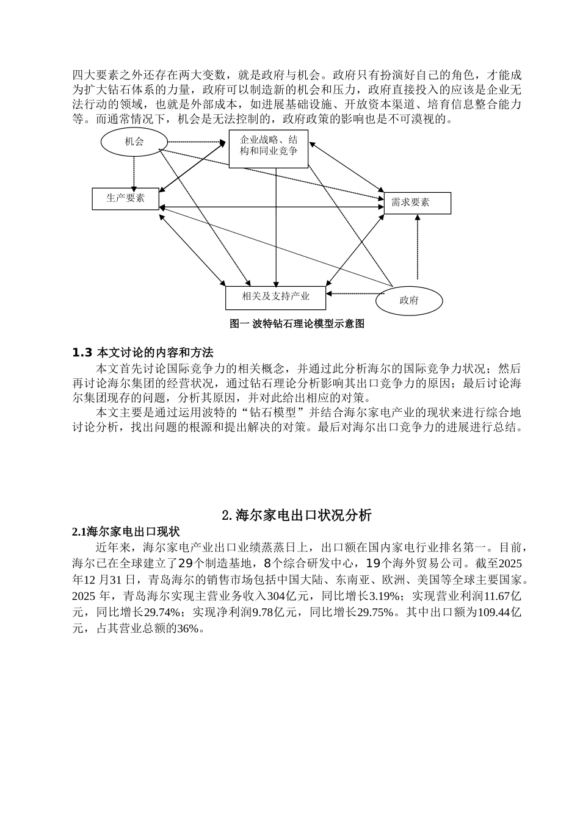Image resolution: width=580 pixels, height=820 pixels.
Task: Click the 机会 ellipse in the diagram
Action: [x=134, y=142]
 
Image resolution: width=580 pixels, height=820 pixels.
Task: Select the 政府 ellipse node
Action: [x=409, y=300]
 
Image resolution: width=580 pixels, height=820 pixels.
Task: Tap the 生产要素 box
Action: [x=126, y=198]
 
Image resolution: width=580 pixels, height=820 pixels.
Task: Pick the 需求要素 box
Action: [x=417, y=203]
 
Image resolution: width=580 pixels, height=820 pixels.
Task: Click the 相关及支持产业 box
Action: [x=275, y=297]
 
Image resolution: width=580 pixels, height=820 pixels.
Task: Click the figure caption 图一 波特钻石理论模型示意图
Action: [x=297, y=324]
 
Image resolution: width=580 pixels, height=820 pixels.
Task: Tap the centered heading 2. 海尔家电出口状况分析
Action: [x=297, y=515]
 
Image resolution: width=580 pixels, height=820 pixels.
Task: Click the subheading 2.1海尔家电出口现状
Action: [x=125, y=532]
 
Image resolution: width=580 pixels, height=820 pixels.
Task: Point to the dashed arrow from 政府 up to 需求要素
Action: [x=418, y=247]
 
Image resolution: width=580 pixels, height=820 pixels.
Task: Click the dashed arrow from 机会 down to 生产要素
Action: [x=134, y=172]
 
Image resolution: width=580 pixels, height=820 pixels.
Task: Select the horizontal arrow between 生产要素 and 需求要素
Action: [x=272, y=207]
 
